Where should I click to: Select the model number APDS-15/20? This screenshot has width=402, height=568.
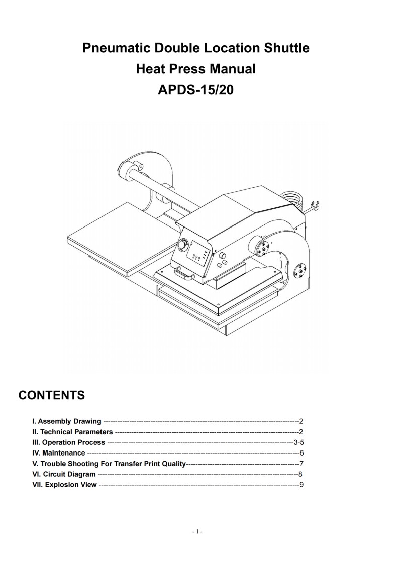point(196,90)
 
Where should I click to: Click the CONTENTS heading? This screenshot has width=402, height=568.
point(51,395)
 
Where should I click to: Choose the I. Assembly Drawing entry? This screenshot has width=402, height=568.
point(67,421)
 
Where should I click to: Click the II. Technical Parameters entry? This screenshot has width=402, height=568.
point(72,432)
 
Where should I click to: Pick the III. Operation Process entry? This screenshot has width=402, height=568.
point(68,442)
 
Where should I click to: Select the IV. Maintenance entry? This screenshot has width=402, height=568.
point(59,453)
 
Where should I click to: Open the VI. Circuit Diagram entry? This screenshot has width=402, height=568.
point(64,474)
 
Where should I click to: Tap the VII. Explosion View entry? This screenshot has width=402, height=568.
point(64,484)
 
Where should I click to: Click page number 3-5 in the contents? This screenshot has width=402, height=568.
point(298,442)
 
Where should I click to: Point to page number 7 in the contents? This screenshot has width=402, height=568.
point(301,464)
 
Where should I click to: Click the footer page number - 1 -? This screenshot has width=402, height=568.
point(197,532)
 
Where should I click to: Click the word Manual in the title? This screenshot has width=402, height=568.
point(233,69)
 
